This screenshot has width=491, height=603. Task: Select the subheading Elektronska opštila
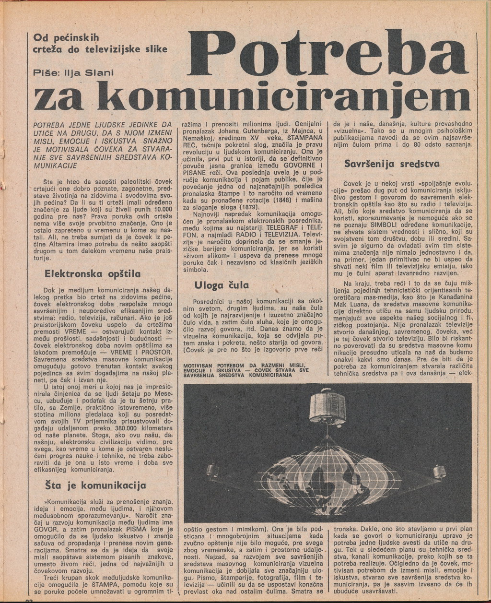pyautogui.click(x=92, y=274)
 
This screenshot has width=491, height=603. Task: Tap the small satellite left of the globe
pyautogui.click(x=212, y=470)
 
